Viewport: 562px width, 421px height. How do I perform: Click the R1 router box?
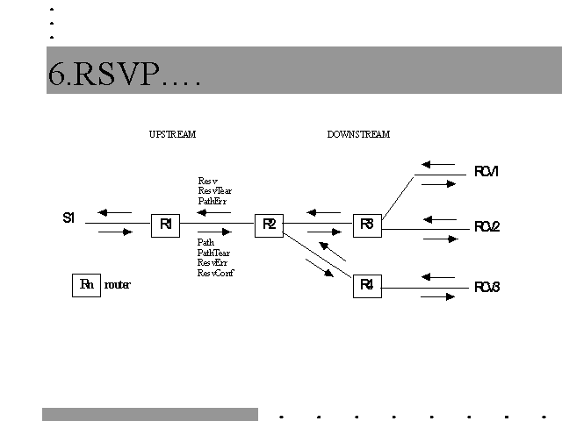click(165, 225)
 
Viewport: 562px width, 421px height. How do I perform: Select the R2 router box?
click(269, 225)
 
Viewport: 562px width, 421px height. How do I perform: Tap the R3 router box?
click(367, 225)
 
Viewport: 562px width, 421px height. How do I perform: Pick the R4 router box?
click(367, 285)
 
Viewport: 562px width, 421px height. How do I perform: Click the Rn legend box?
click(86, 285)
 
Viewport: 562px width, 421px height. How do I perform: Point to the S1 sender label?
click(68, 218)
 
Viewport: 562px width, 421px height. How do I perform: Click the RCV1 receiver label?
click(486, 172)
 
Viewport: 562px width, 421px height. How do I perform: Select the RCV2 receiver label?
click(486, 226)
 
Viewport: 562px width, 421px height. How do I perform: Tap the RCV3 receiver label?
click(486, 287)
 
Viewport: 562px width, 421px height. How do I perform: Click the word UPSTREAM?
click(172, 134)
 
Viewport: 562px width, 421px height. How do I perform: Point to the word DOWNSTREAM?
click(358, 134)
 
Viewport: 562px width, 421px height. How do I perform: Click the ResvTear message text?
click(215, 191)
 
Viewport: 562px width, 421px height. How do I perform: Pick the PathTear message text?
click(214, 253)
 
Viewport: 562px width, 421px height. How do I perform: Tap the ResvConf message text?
click(216, 273)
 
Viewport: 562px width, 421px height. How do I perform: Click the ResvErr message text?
click(213, 262)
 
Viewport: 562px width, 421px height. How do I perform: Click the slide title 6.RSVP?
click(125, 75)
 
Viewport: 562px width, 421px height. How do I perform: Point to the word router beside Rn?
click(118, 285)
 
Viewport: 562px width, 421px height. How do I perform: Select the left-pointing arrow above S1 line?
click(115, 212)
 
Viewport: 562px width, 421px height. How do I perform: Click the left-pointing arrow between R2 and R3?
click(322, 212)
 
